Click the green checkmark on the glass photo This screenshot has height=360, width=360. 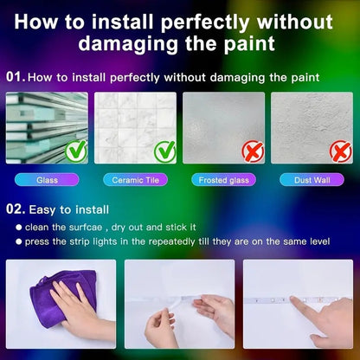pos(76,151)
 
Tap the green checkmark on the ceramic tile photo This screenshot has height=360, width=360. pos(164,151)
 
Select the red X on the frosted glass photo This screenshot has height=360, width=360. pos(253,151)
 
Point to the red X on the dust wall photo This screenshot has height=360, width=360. pos(341,151)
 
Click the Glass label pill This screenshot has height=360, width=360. pos(47,180)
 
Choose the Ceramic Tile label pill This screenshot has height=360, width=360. pos(135,180)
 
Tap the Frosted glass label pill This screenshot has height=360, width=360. pos(223,180)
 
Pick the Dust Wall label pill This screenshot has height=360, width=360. pos(312,180)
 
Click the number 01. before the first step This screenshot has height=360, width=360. pos(16,77)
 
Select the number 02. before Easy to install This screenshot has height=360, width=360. pos(16,209)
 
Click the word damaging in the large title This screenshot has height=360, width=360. pos(128,44)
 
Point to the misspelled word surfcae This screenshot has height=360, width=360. pos(86,227)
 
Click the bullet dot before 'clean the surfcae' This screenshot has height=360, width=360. pos(19,228)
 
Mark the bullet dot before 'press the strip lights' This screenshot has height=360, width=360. pos(19,241)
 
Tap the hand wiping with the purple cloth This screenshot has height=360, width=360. pos(80,312)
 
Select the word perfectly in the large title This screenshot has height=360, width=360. pos(205,23)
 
